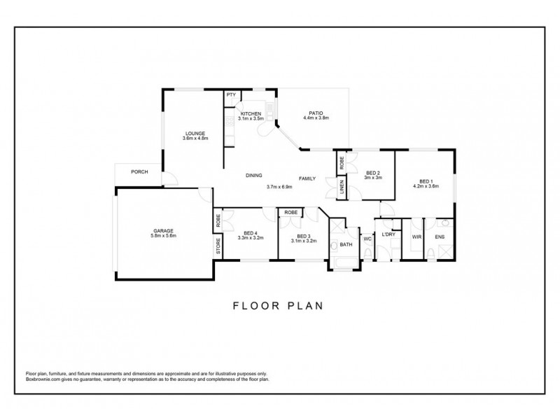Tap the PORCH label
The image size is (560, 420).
point(139,172)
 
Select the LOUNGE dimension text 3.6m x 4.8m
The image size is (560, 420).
point(195,138)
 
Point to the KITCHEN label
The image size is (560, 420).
point(251,113)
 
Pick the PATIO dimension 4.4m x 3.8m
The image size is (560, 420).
point(315,118)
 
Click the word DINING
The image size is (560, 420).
point(254,176)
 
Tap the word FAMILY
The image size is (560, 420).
point(307,178)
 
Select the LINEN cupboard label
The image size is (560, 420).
point(342,188)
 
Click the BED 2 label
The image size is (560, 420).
point(372,173)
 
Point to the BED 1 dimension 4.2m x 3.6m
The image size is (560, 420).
point(425,185)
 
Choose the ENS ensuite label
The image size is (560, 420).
point(440,237)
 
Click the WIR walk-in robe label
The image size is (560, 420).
point(416,237)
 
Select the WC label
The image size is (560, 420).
point(366,239)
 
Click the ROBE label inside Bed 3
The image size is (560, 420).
point(291,212)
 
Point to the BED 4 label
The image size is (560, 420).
point(251,234)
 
